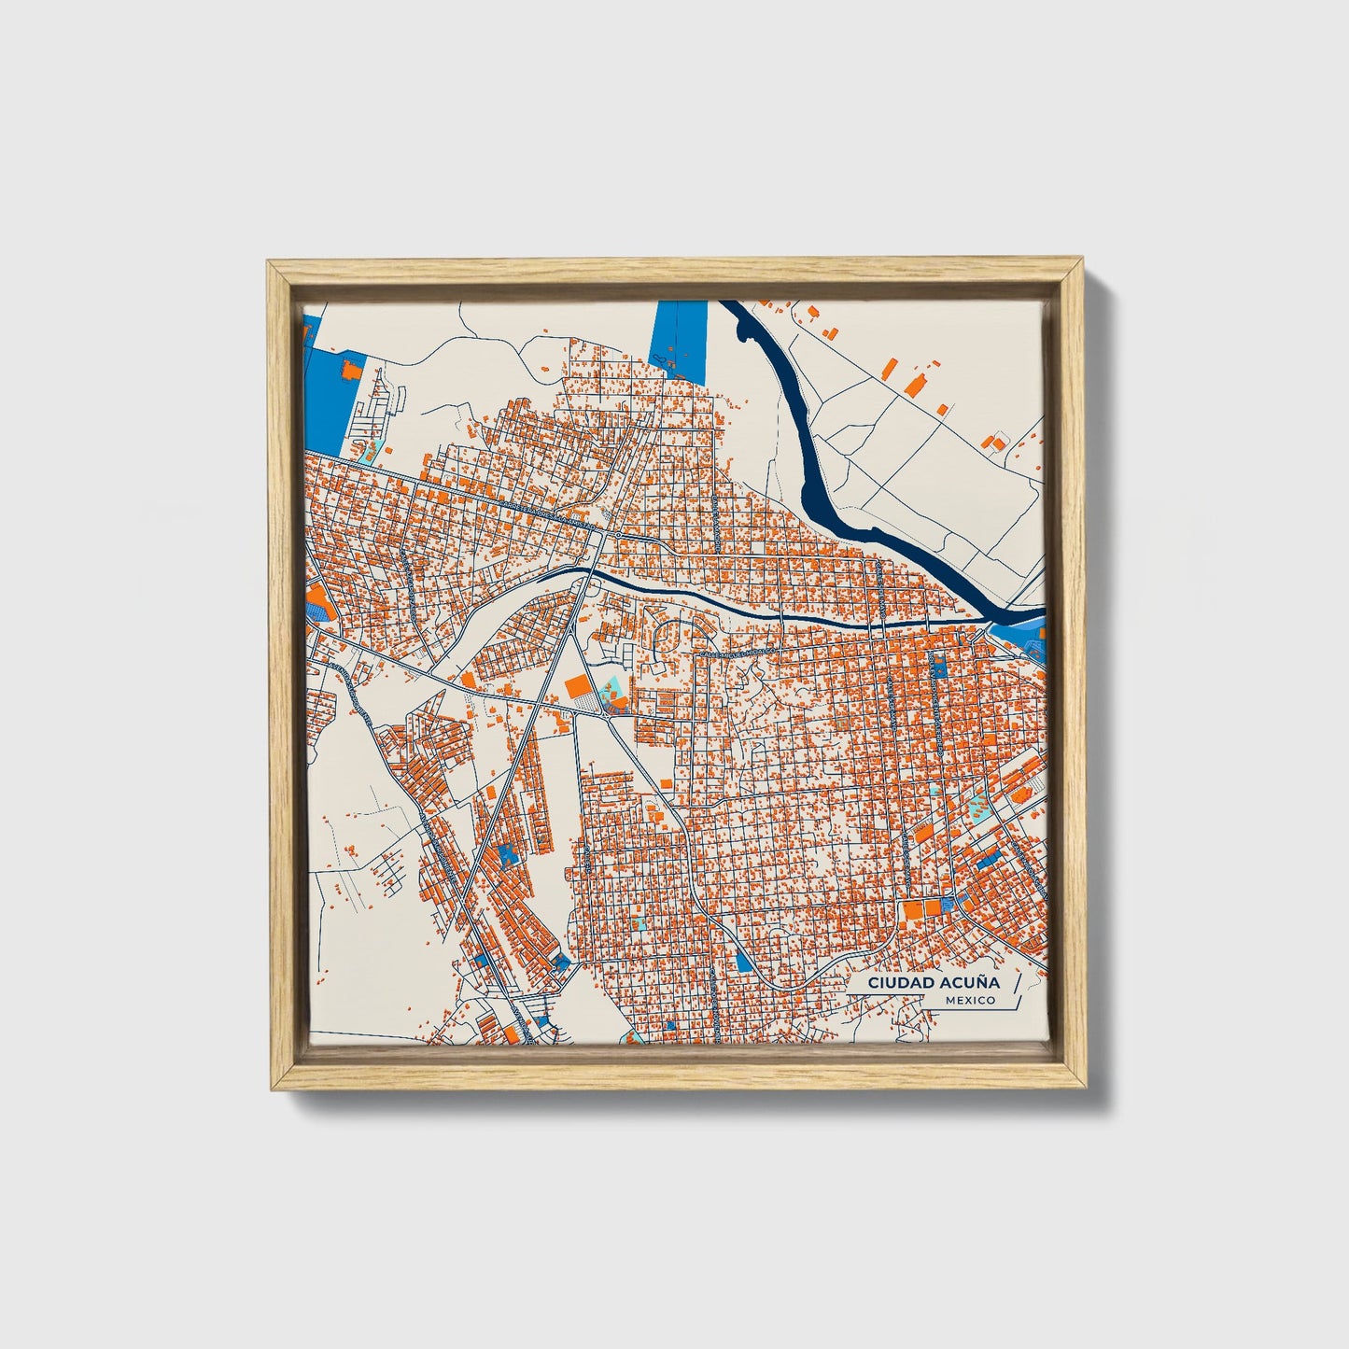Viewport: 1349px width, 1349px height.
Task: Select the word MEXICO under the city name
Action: [x=969, y=1001]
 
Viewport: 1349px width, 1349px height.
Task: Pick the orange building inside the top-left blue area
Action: [x=351, y=370]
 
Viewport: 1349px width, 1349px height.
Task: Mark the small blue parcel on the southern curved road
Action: [x=743, y=961]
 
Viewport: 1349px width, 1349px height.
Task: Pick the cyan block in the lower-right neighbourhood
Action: [x=977, y=803]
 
